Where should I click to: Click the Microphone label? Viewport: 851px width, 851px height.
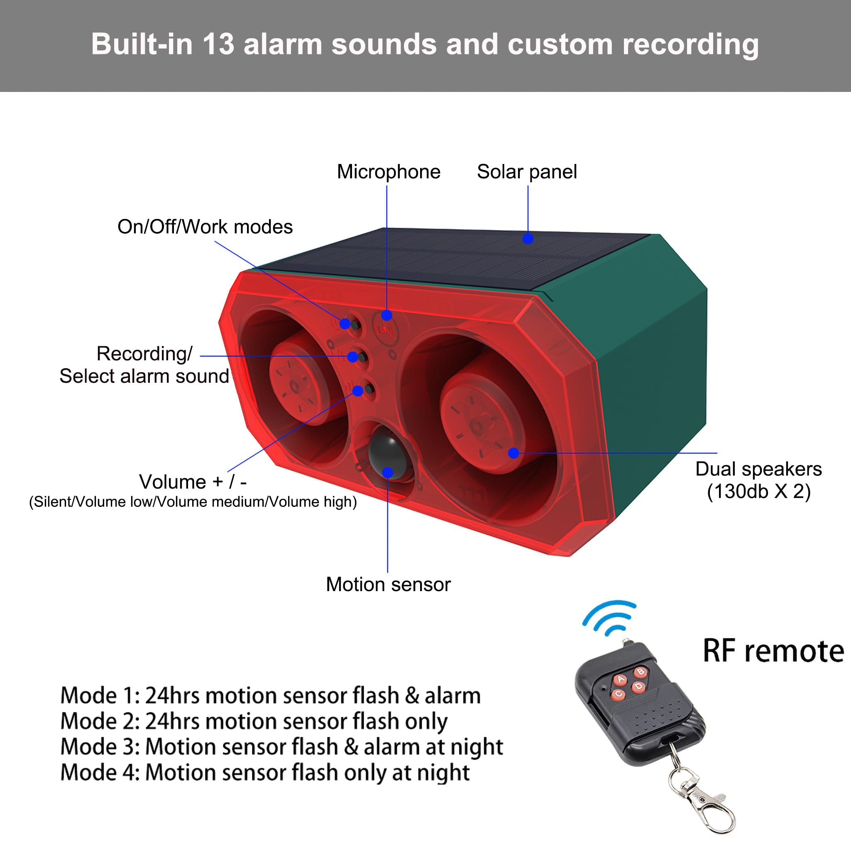pyautogui.click(x=389, y=172)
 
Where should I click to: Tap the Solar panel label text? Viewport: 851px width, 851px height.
pyautogui.click(x=527, y=172)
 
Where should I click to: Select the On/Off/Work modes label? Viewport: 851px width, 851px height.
pyautogui.click(x=205, y=227)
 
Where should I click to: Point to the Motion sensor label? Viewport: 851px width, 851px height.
pyautogui.click(x=388, y=584)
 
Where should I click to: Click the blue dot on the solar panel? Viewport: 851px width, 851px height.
pyautogui.click(x=528, y=239)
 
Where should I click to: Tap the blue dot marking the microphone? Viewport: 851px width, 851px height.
pyautogui.click(x=387, y=315)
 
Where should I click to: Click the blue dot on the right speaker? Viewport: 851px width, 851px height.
pyautogui.click(x=514, y=453)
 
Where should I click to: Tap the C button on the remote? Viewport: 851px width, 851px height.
pyautogui.click(x=619, y=694)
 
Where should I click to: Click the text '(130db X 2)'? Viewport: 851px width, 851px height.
pyautogui.click(x=758, y=492)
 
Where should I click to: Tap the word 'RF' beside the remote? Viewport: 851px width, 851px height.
pyautogui.click(x=719, y=651)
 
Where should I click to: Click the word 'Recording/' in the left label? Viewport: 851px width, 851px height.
pyautogui.click(x=144, y=354)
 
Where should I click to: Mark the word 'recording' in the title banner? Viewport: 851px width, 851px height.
pyautogui.click(x=690, y=45)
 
